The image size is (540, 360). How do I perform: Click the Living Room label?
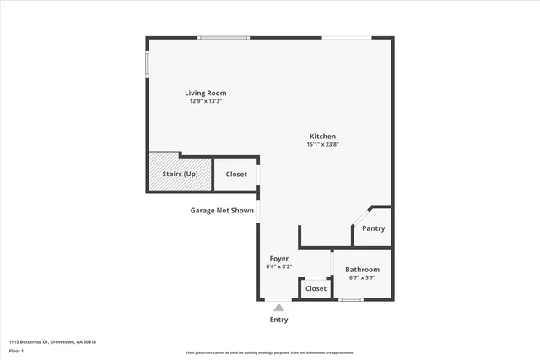206,93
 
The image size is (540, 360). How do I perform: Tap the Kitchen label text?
322,137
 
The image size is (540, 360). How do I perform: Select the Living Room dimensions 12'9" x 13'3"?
206,101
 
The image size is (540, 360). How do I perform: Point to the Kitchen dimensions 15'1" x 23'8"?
322,144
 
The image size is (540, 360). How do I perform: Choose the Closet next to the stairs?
236,175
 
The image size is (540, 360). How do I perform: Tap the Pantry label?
373,228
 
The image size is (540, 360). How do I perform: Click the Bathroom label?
362,270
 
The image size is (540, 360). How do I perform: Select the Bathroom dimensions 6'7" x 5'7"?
362,277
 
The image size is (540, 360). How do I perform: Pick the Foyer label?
279,258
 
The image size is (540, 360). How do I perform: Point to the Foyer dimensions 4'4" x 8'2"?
279,266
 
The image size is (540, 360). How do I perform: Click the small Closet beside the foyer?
316,288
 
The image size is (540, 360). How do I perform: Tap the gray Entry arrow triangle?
278,308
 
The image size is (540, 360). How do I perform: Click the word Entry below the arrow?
278,320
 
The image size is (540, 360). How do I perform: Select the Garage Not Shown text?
222,211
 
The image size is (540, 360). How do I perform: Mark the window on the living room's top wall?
224,38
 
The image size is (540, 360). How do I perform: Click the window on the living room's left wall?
148,63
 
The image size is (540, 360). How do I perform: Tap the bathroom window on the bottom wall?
351,299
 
